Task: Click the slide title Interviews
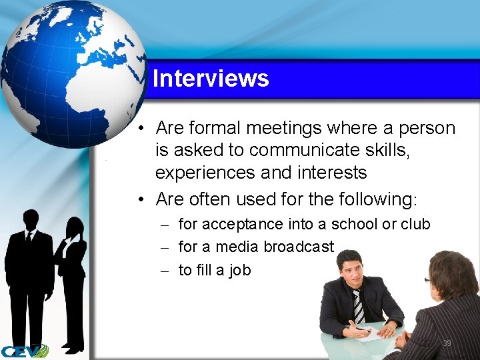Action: (x=211, y=79)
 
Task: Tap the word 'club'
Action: (x=415, y=224)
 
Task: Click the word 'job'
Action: (x=238, y=270)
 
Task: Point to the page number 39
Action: (x=447, y=343)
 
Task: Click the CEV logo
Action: (x=24, y=351)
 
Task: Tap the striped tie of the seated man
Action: (x=358, y=306)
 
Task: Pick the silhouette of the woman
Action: (x=71, y=273)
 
